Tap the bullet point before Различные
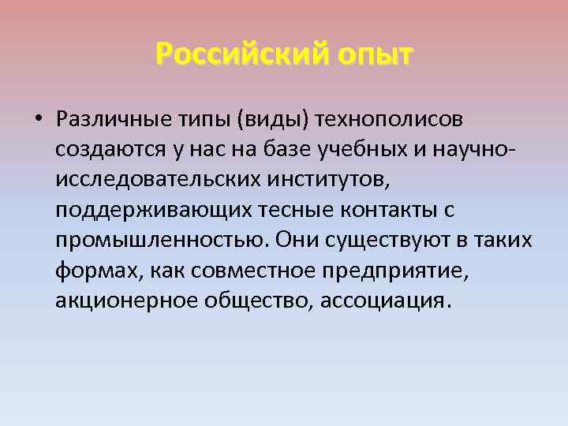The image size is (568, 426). (x=37, y=119)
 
